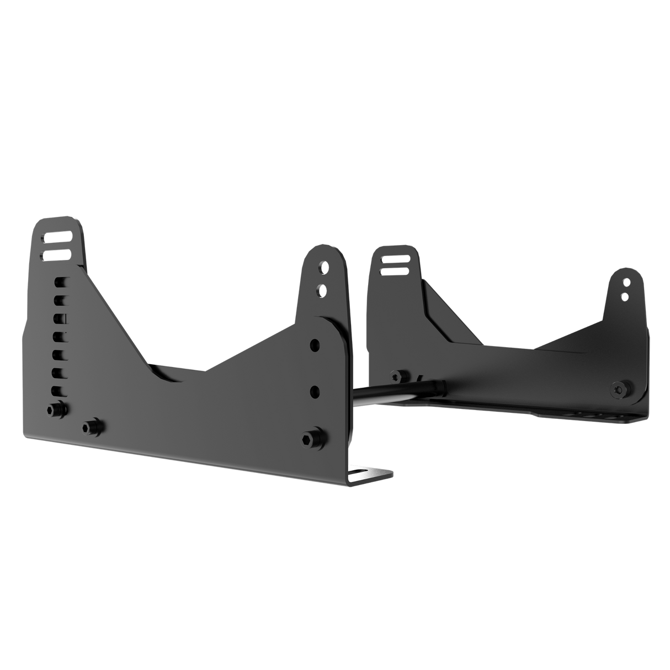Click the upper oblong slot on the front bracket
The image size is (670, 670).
coord(57,238)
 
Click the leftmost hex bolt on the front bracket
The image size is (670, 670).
coord(56,410)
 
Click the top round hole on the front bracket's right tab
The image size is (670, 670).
coord(321,270)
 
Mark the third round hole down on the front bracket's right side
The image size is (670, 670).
coord(315,344)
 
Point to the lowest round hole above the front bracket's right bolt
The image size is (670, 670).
coord(315,391)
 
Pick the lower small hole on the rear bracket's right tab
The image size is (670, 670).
coord(624,297)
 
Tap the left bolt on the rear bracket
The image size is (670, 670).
coord(395,375)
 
